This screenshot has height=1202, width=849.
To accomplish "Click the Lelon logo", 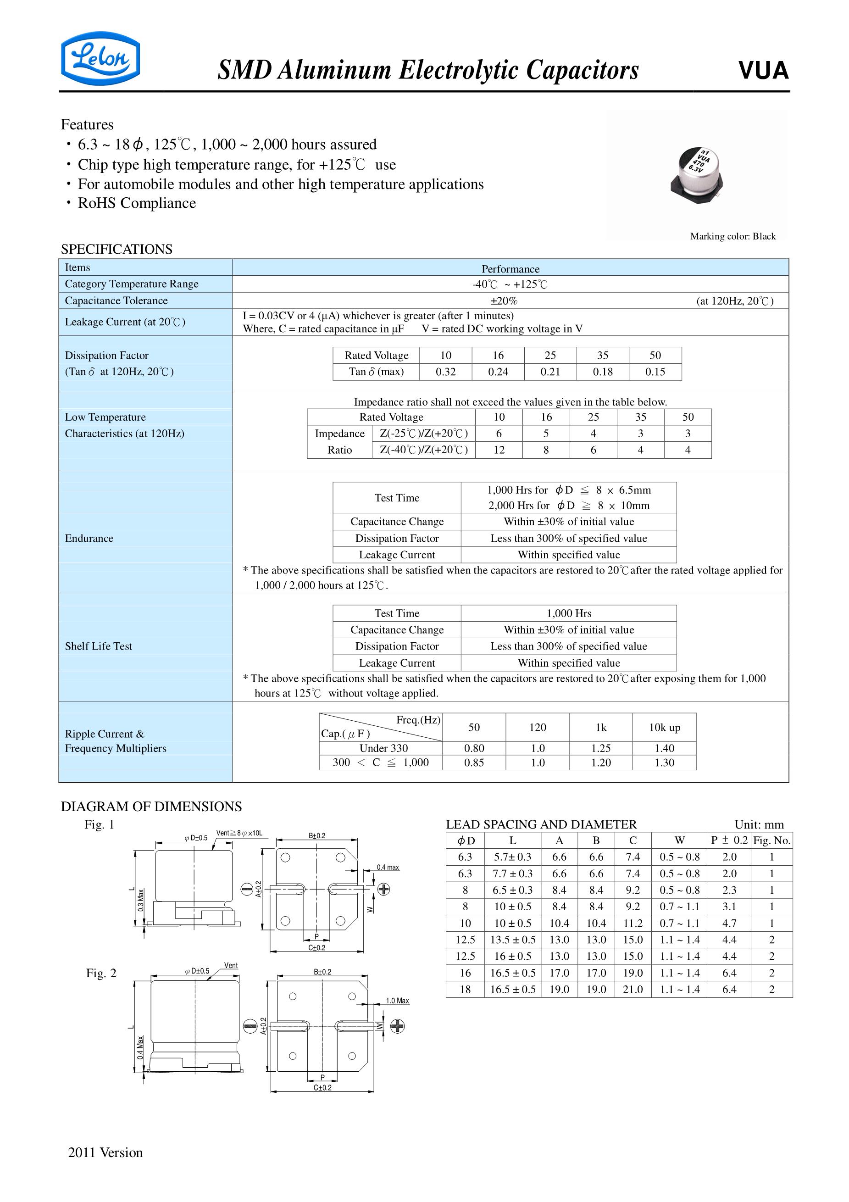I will (x=100, y=58).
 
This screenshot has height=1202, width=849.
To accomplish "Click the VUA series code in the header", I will (x=763, y=71).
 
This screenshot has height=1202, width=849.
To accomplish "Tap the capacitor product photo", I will (x=697, y=175).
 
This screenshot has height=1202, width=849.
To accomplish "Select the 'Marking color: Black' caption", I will (x=732, y=236).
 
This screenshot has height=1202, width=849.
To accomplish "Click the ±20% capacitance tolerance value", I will (x=504, y=300).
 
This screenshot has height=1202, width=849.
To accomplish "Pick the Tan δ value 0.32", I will (x=445, y=372).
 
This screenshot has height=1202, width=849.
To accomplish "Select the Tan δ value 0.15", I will (x=655, y=372).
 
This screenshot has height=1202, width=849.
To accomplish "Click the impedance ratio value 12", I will (x=499, y=450).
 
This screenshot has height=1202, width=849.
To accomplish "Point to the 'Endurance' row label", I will (x=89, y=538).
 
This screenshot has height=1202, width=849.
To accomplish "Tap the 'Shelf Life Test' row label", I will (x=99, y=646).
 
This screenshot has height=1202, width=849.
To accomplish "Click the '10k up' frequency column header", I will (x=664, y=727).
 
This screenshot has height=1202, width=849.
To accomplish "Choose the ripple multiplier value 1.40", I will (x=664, y=748).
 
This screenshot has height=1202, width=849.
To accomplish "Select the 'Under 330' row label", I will (x=383, y=748).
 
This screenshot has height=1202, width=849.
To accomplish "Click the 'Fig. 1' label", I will (x=99, y=824).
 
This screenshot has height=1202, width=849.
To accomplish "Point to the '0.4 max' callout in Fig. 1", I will (x=388, y=868).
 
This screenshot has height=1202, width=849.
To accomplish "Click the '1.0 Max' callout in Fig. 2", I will (x=397, y=1001).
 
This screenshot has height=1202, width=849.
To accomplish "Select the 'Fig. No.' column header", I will (x=771, y=840).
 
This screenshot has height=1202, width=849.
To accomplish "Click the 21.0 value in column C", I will (x=633, y=989).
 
